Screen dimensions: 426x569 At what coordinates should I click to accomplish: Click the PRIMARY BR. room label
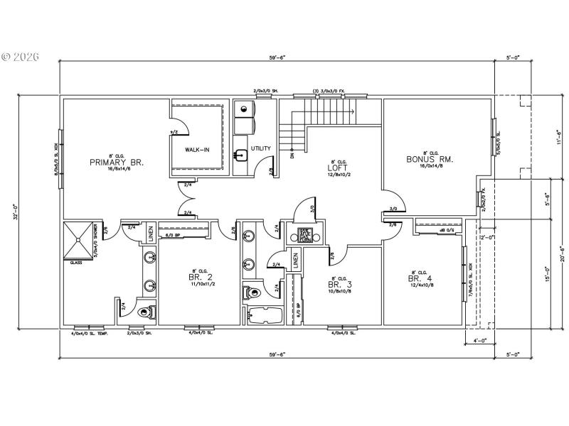pos(117,162)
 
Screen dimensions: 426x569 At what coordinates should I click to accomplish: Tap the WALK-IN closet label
pos(196,150)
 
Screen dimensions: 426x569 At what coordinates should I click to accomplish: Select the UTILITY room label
pos(260,148)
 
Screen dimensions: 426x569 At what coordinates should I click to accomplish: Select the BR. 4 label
pos(418,279)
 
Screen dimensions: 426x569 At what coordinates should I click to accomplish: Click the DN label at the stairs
pos(292,155)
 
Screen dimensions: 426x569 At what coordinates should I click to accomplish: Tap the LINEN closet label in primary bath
pos(150,234)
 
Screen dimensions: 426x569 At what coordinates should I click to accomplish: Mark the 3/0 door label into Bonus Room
pos(393,209)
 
